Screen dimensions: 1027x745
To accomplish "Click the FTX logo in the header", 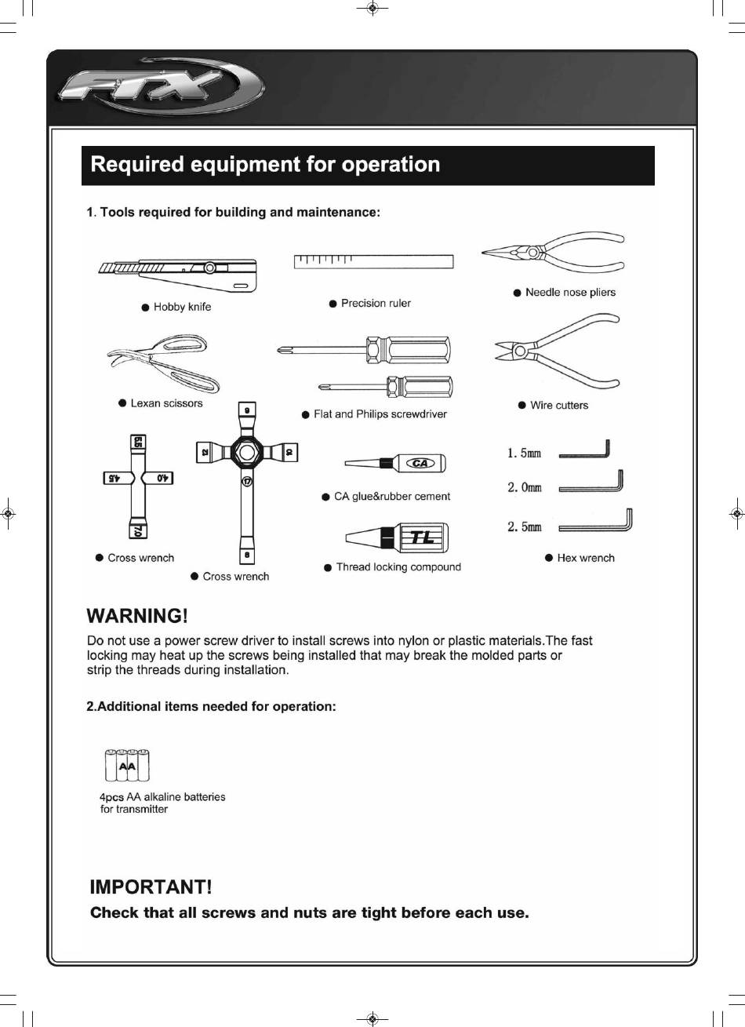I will tap(161, 86).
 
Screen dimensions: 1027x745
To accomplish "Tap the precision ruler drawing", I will tap(374, 261).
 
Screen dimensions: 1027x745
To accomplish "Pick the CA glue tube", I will tap(394, 464).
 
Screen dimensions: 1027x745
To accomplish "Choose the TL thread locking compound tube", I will tap(395, 537).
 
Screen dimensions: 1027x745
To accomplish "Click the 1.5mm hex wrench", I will tap(584, 452).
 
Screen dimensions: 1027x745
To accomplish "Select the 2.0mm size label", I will tap(525, 487).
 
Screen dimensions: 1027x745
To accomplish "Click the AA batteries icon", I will tap(126, 766).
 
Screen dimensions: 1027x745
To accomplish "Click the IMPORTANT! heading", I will tap(151, 887).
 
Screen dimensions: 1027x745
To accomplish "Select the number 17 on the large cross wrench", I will tap(247, 482).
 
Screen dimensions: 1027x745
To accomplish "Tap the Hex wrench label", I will tap(585, 558).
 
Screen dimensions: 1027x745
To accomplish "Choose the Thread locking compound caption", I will tap(398, 567).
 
